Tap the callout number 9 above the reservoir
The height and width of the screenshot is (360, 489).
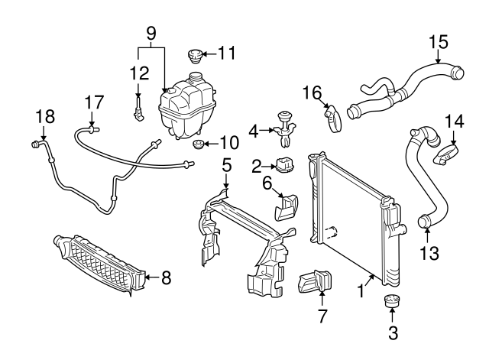point(151,33)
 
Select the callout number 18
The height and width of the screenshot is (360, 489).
point(46,116)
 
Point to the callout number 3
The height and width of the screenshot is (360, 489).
point(393,332)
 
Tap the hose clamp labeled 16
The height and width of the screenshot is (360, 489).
point(331,118)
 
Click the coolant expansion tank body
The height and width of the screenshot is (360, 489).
point(186,111)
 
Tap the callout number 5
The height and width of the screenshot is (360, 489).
point(225,164)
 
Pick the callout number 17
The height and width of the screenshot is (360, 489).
point(92,102)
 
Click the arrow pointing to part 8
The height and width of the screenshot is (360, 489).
point(152,277)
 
